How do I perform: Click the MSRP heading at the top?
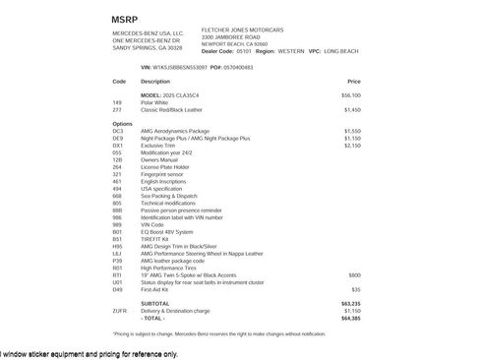[126, 19]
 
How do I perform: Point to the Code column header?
[119, 81]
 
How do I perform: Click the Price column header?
[354, 81]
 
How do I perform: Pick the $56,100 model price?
[351, 94]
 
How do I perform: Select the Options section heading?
[123, 124]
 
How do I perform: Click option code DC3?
[118, 131]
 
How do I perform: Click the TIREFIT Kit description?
[156, 239]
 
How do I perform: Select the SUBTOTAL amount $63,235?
[351, 304]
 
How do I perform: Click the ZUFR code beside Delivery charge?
[120, 311]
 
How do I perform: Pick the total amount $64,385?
[351, 318]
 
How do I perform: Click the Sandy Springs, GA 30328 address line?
[148, 46]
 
